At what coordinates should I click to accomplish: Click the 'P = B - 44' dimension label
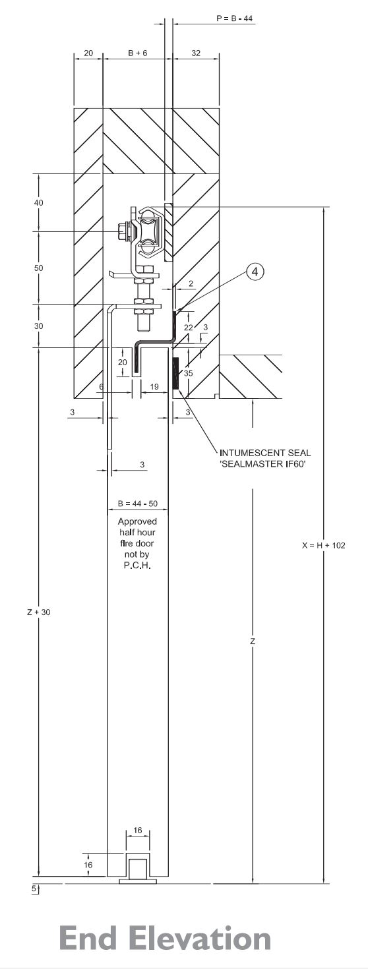coord(234,18)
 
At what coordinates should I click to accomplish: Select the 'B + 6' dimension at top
coord(137,54)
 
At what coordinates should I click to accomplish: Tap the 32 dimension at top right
coord(196,54)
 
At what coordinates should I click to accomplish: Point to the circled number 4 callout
coord(256,270)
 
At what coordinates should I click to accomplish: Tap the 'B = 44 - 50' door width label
coord(137,504)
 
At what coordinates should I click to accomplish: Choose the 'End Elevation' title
coord(165,938)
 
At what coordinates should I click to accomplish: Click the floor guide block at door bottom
coord(137,869)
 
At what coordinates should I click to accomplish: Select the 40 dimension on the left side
coord(39,203)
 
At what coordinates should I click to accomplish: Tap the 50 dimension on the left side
coord(39,268)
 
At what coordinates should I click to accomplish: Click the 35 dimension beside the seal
coord(188,373)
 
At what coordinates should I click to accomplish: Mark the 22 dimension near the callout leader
coord(189,328)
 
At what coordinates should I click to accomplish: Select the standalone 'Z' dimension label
coord(253,641)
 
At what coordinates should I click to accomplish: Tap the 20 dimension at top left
coord(88,54)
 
